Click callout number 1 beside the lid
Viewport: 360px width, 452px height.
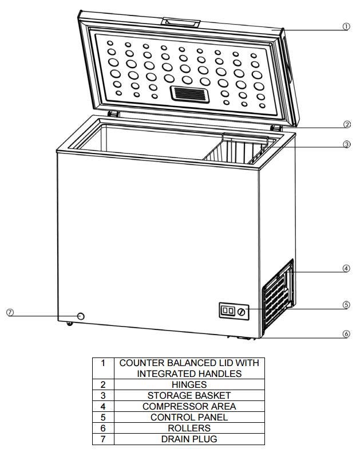pos(346,27)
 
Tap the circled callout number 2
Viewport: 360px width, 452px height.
pos(347,124)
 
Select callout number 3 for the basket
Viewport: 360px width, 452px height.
pos(347,144)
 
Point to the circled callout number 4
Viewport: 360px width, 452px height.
pos(346,268)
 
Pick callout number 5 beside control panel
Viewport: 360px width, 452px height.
pos(346,305)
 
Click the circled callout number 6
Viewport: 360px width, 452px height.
pos(346,334)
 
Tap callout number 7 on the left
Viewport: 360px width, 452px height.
pos(10,312)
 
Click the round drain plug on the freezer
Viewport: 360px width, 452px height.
pos(81,316)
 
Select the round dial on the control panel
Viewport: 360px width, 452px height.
pos(242,312)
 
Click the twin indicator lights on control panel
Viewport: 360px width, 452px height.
pos(228,310)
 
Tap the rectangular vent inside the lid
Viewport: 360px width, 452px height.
pos(190,94)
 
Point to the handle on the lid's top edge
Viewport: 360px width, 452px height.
pos(181,22)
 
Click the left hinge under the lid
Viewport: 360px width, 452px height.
pos(113,113)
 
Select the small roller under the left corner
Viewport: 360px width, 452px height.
pos(69,324)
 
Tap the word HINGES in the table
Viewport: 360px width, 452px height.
pos(189,384)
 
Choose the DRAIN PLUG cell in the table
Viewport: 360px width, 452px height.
pos(189,439)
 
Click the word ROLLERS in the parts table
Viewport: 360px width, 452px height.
pos(189,428)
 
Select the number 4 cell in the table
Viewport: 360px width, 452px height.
pos(103,406)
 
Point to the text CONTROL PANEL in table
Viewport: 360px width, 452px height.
pos(189,417)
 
